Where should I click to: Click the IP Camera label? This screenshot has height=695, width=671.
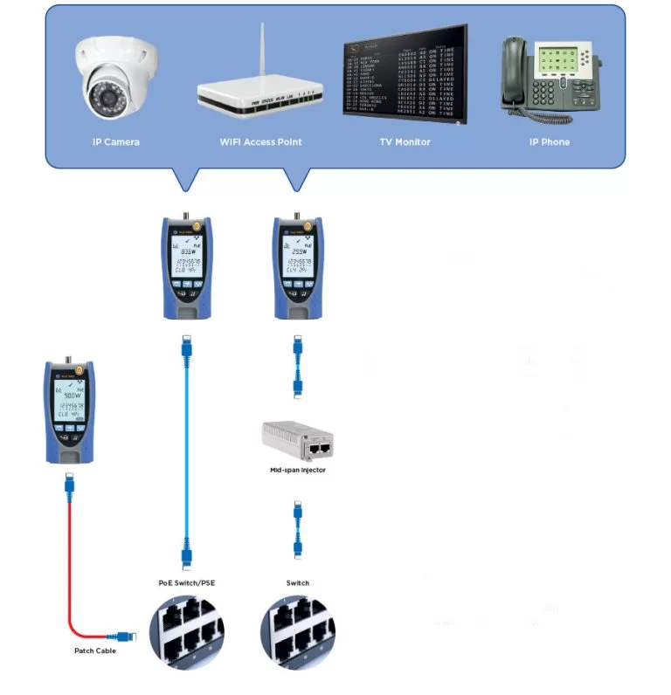point(116,141)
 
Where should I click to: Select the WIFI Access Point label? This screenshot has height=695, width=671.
point(259,141)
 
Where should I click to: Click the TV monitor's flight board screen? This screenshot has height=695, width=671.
point(404,79)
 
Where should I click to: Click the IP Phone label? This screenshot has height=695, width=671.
point(550,141)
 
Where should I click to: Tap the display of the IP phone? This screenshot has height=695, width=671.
point(561,61)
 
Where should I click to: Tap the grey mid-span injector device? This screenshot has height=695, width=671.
point(298,441)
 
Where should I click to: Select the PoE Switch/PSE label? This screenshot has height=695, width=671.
point(183,582)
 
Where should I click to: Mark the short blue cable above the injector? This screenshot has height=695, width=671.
point(298,366)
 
